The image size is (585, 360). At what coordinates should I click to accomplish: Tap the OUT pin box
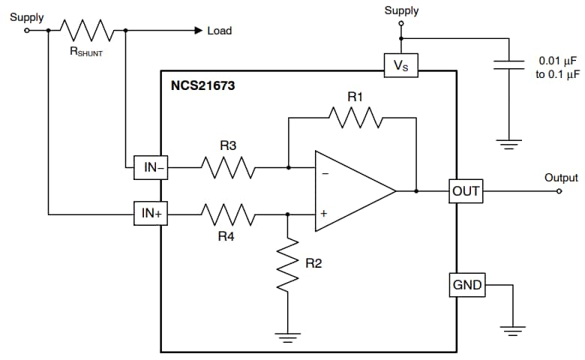point(465,191)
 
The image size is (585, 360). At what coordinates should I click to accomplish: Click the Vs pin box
point(400,65)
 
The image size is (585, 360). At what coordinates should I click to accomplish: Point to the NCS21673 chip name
point(202,86)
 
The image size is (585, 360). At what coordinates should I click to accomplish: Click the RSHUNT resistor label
point(85,54)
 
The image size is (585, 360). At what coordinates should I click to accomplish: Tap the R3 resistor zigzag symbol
point(228,168)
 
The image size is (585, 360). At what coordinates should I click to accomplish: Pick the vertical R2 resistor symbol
point(288,262)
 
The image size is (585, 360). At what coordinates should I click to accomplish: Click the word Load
point(220,31)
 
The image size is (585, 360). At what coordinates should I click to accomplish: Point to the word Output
point(561,178)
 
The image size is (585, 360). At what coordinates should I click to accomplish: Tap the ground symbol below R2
point(288,337)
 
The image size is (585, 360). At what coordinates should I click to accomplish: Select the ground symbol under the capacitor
point(510,143)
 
